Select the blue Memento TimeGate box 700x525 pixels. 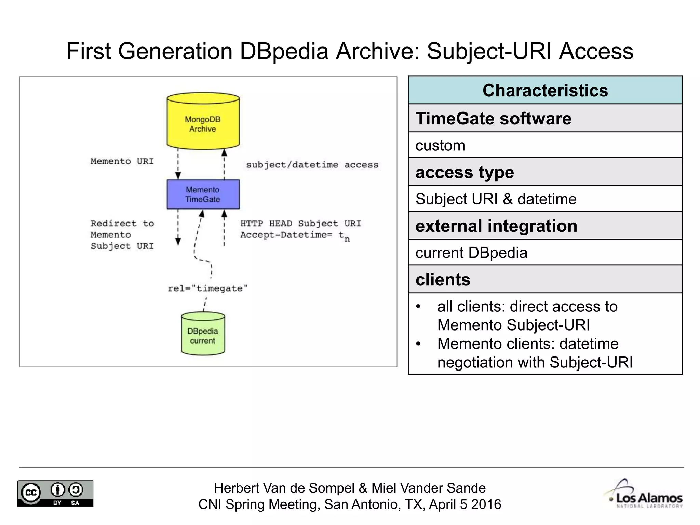203,194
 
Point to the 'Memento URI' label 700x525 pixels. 122,161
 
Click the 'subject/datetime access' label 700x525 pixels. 312,165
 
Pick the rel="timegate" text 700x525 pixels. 207,288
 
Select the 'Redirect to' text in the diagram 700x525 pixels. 122,224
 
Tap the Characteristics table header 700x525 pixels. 545,90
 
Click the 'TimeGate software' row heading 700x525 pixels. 493,119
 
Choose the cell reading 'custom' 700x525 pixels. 440,146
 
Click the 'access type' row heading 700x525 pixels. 465,172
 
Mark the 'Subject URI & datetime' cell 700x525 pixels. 496,199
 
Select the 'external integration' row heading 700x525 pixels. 496,226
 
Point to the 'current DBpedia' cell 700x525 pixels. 471,253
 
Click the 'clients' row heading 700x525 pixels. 443,280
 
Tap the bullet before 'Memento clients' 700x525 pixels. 418,344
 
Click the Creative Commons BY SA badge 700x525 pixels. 55,493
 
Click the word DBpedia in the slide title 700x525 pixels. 284,51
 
